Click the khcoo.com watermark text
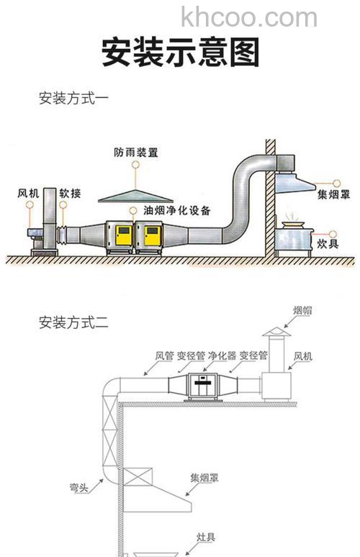coord(248,17)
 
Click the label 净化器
coord(222,356)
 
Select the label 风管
coord(165,356)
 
